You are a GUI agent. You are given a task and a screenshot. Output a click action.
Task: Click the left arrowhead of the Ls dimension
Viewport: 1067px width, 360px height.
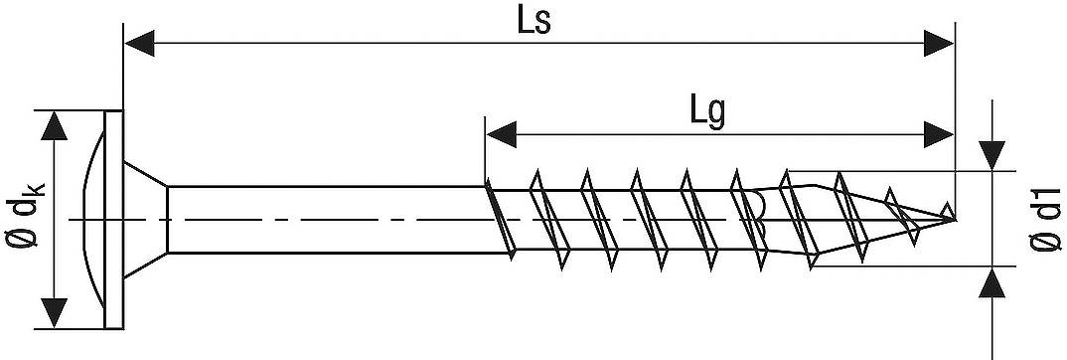point(139,43)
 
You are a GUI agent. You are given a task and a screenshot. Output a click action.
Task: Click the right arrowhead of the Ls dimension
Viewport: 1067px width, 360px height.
point(938,43)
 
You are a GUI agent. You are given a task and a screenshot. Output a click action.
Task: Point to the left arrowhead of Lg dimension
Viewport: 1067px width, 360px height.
point(500,132)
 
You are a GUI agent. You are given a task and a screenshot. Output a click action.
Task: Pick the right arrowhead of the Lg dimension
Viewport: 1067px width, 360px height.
point(938,132)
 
